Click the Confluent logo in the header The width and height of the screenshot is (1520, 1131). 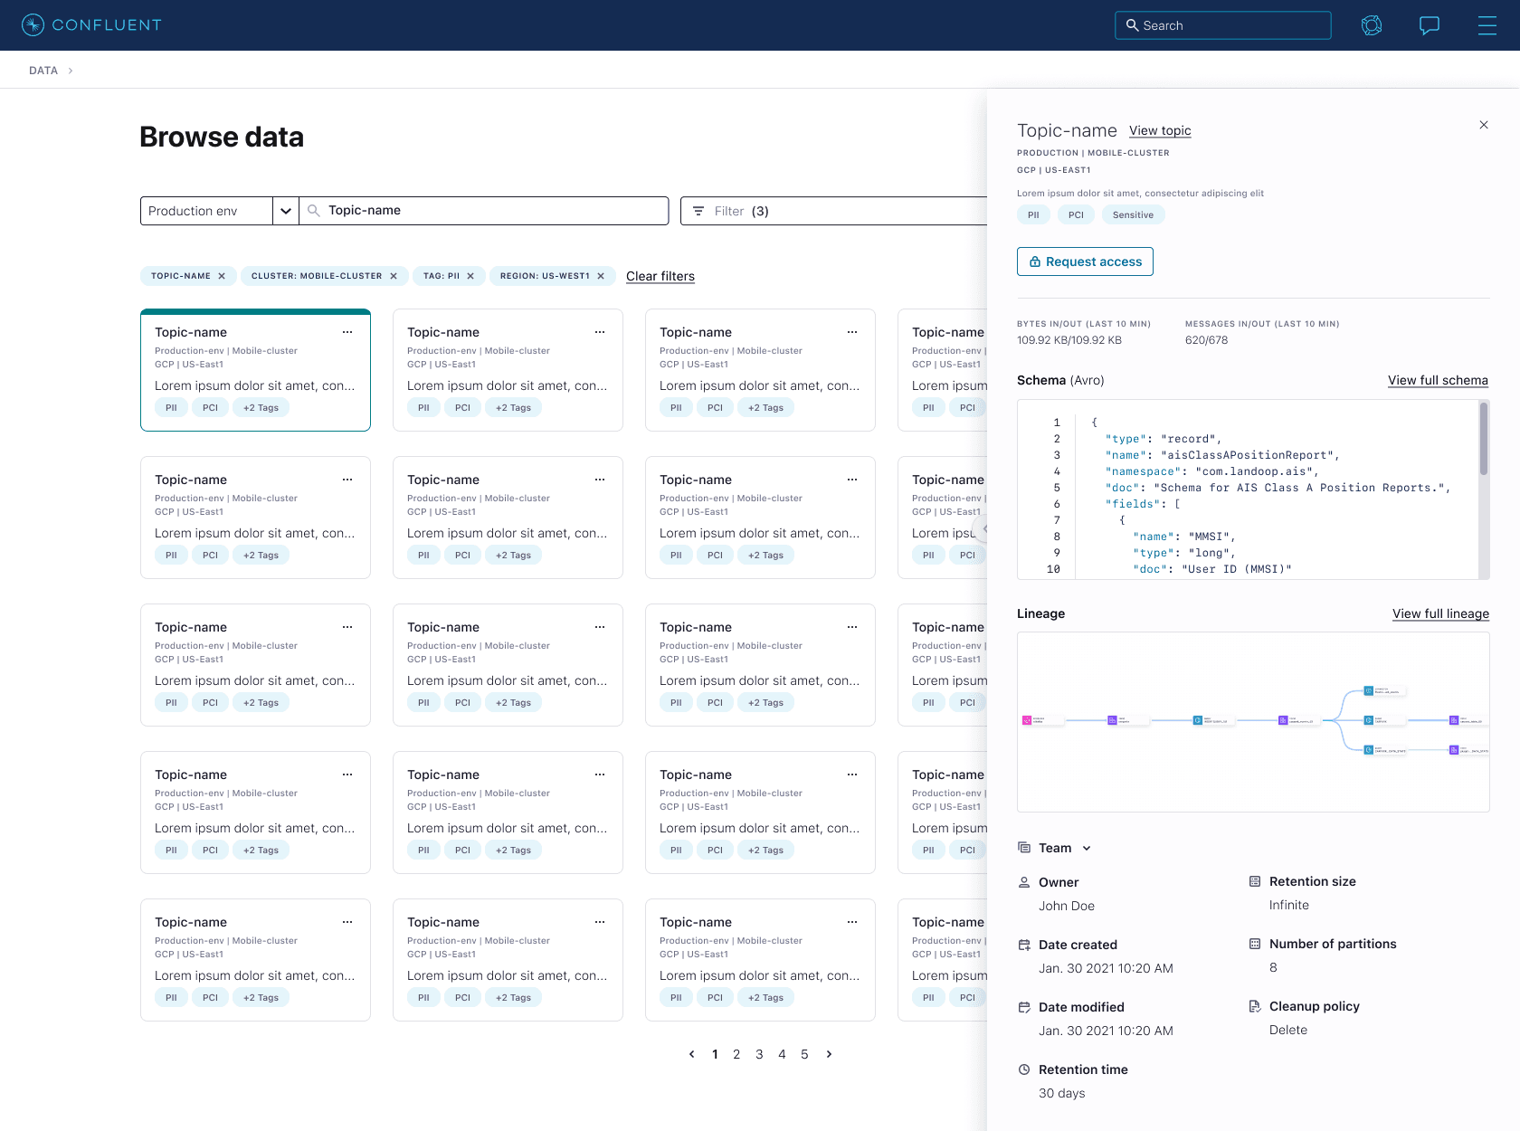(x=90, y=25)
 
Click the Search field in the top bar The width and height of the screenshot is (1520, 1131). (x=1222, y=25)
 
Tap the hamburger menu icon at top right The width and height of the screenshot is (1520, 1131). (x=1487, y=25)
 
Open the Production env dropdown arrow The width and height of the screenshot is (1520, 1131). (x=286, y=211)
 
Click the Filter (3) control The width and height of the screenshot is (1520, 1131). (x=731, y=211)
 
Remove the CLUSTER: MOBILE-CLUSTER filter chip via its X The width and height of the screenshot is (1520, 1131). (x=394, y=276)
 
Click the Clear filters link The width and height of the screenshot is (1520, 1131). (x=660, y=276)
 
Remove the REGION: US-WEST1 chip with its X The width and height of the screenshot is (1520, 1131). (x=601, y=276)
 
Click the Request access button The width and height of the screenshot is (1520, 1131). (x=1085, y=261)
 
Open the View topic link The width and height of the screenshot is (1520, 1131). (x=1160, y=130)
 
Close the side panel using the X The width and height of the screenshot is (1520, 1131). (x=1484, y=125)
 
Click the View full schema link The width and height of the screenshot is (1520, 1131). (x=1438, y=380)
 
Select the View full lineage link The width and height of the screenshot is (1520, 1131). (x=1440, y=613)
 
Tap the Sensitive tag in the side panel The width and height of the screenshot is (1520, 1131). (x=1133, y=214)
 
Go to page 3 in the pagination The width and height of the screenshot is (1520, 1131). (x=759, y=1054)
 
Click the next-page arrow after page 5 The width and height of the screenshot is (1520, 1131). (x=829, y=1054)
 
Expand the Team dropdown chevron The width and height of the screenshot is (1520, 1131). (x=1087, y=848)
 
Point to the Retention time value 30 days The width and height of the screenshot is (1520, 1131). (x=1061, y=1093)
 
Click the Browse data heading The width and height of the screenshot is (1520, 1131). (x=222, y=137)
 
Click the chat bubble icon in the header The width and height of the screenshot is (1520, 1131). (x=1430, y=25)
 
